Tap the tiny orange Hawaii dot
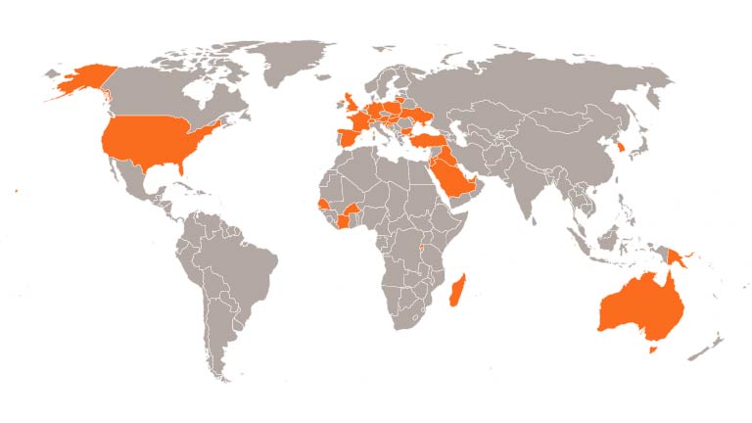click(x=18, y=190)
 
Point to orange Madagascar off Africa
click(x=456, y=291)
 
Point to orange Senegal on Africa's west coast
click(x=322, y=203)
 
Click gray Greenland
click(x=284, y=59)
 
